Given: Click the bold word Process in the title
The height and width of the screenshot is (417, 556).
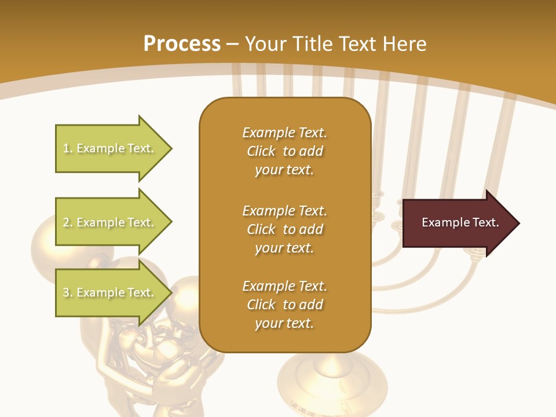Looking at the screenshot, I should (x=182, y=43).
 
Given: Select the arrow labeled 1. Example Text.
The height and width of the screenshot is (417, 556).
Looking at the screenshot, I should (x=110, y=148).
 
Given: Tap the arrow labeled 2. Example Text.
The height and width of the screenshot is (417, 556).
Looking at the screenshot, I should (x=110, y=222).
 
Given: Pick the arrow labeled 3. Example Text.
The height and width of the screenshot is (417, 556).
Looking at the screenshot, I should (x=110, y=292).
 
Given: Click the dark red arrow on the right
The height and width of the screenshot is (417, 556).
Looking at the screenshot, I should (x=458, y=222).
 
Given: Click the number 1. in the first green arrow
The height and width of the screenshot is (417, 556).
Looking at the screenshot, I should (x=68, y=148).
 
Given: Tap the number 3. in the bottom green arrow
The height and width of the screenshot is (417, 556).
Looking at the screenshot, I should (x=68, y=292).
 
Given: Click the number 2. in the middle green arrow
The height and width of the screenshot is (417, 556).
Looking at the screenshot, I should (x=68, y=222).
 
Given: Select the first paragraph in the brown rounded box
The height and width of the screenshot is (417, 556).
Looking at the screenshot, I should (x=284, y=151).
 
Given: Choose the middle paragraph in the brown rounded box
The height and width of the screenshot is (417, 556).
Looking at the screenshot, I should (x=284, y=229).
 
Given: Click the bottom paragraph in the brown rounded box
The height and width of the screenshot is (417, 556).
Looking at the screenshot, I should (x=284, y=305).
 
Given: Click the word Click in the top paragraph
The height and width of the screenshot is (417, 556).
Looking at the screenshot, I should (x=261, y=151).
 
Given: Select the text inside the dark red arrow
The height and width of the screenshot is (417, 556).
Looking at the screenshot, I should (x=460, y=222).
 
